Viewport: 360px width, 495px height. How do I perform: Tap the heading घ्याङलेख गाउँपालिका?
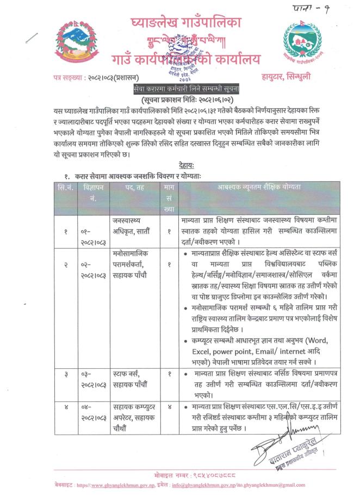(x=186, y=23)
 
